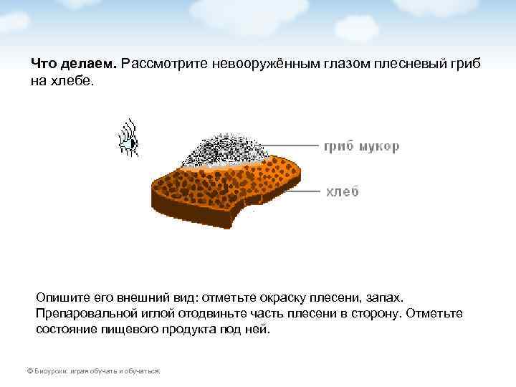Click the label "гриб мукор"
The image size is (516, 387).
pos(361,147)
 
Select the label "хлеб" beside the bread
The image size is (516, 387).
pos(343,191)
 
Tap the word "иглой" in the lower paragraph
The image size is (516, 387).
pos(165,314)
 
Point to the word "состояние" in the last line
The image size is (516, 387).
pos(66,330)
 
